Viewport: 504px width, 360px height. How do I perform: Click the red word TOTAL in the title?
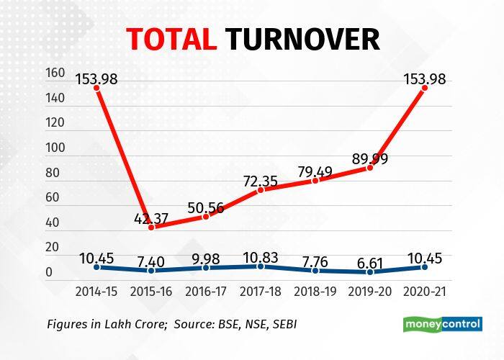pos(171,39)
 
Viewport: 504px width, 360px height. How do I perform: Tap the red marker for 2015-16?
pos(151,227)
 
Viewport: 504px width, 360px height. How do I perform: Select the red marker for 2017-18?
pos(261,190)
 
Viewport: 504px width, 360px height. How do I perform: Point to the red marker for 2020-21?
pos(425,87)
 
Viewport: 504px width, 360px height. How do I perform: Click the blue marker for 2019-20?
pos(371,272)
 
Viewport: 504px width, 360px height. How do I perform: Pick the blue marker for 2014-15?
pos(96,267)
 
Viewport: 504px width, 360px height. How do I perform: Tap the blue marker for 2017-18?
pos(261,266)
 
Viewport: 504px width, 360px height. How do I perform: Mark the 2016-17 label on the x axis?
pos(207,291)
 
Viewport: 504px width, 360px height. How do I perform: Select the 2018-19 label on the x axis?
pos(316,291)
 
